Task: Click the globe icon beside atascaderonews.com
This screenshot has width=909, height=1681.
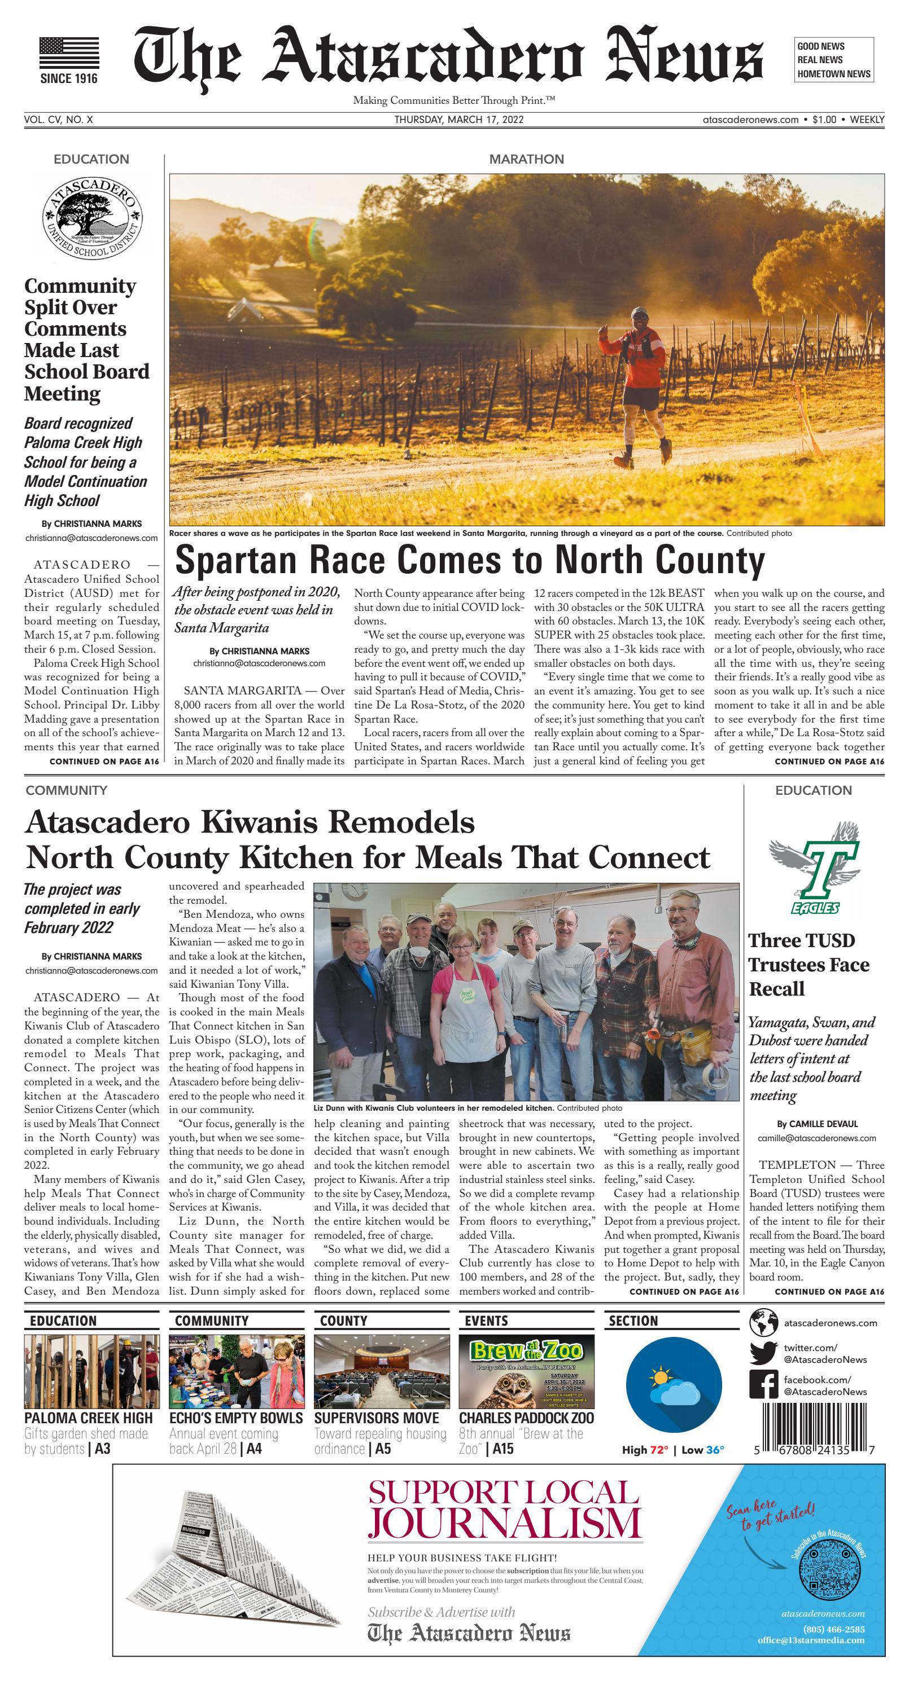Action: point(763,1323)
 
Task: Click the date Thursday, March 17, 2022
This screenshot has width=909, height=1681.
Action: point(458,120)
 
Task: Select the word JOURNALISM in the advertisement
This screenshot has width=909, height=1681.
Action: point(504,1522)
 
